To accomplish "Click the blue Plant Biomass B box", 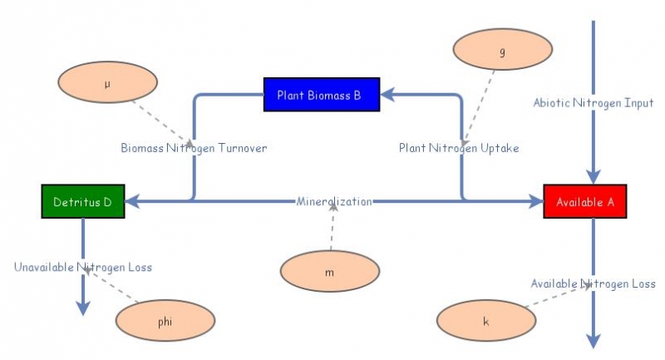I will click(321, 95).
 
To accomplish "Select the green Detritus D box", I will click(83, 202).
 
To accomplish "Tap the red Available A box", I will click(584, 202).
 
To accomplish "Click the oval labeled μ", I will click(107, 83).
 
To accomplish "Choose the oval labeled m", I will click(330, 272).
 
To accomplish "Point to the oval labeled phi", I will click(165, 321).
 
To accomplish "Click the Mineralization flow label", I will click(334, 202).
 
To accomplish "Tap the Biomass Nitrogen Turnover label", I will click(194, 148).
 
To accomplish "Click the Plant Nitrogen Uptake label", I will click(459, 148).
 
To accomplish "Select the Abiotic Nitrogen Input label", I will click(594, 103).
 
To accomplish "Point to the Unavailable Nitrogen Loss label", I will click(83, 267).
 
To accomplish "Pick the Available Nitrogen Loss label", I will click(593, 284).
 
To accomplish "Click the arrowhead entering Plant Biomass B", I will click(387, 95).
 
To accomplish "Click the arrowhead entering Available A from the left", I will click(536, 202).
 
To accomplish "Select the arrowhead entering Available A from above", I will click(593, 176).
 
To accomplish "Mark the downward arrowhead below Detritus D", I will click(83, 308).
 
